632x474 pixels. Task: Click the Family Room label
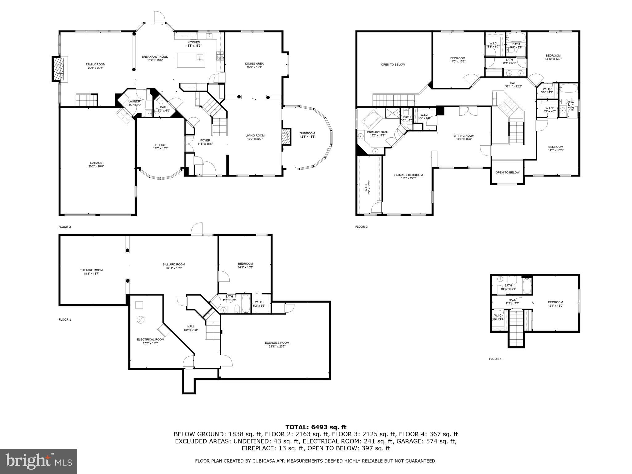tap(95, 64)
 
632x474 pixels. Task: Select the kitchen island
tap(191, 60)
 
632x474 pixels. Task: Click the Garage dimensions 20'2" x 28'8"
tap(96, 166)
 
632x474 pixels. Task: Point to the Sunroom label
tap(307, 133)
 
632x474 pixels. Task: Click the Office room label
tap(160, 145)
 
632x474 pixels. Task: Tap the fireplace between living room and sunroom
tap(286, 137)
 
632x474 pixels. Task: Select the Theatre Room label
tap(91, 270)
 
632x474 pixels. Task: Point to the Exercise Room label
tap(277, 343)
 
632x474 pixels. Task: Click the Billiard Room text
tap(174, 264)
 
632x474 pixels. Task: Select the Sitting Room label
tap(464, 136)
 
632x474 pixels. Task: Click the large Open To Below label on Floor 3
tap(393, 64)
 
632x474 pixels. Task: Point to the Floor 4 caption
tap(495, 359)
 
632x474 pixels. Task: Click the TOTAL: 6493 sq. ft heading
tap(316, 427)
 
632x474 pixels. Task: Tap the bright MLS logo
tap(39, 461)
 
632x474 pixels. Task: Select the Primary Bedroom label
tap(408, 175)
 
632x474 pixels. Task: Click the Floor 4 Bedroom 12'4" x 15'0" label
tap(555, 302)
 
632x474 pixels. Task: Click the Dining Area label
tap(254, 64)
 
